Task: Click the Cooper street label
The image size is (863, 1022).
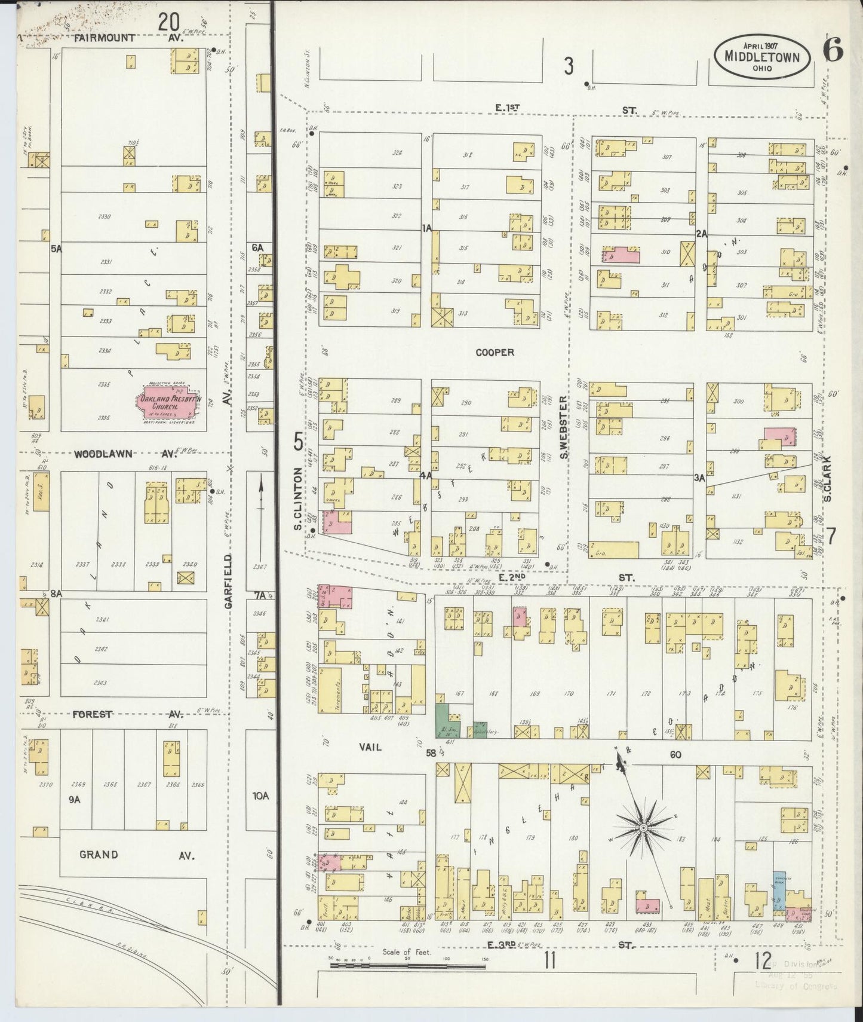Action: pyautogui.click(x=495, y=353)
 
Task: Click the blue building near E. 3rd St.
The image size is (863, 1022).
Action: pyautogui.click(x=779, y=891)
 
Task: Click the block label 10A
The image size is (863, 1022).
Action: pyautogui.click(x=261, y=795)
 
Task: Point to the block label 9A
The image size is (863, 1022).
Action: pyautogui.click(x=74, y=798)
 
